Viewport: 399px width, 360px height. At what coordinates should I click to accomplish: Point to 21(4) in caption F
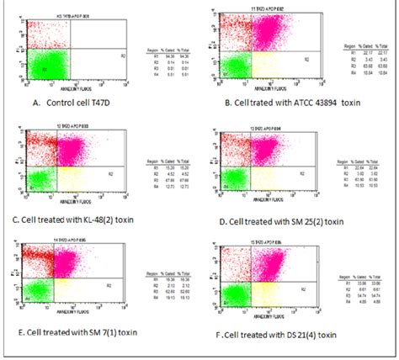click(x=320, y=333)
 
